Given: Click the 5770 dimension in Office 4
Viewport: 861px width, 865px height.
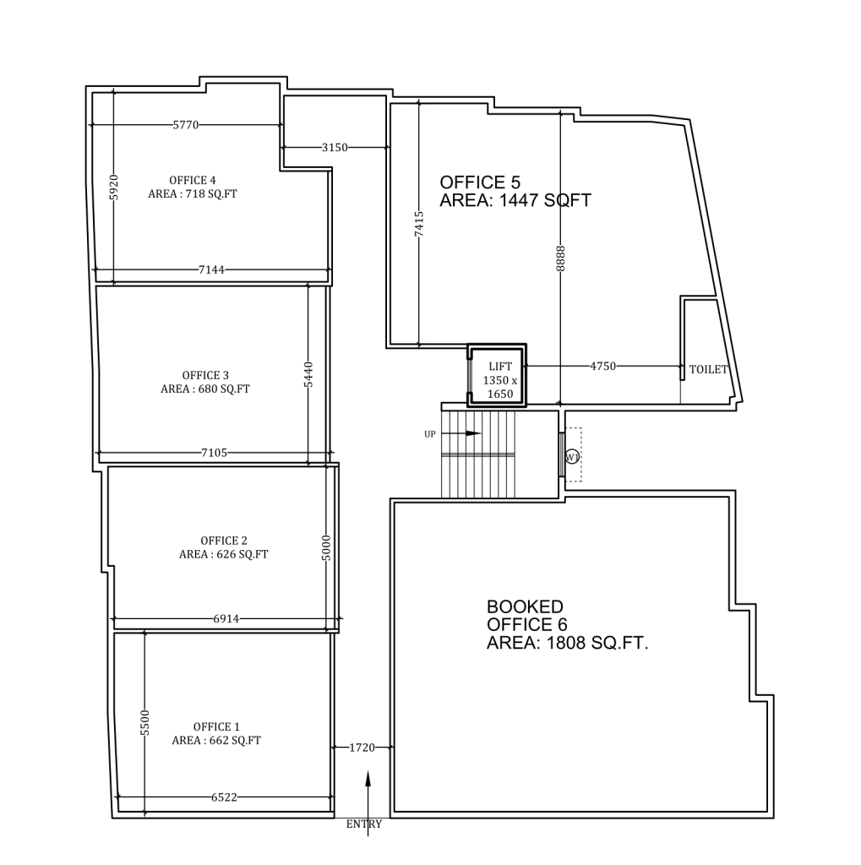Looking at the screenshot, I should click(185, 125).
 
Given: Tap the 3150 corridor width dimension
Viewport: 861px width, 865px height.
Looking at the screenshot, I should click(335, 147).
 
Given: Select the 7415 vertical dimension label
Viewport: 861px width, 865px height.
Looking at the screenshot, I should click(419, 226).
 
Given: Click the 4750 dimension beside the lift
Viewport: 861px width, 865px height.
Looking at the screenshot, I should click(603, 367).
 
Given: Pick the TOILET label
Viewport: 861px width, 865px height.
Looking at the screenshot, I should click(708, 370).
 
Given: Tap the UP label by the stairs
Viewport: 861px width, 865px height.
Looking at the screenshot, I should click(430, 434).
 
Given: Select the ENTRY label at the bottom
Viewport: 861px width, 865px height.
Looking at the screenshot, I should click(364, 824).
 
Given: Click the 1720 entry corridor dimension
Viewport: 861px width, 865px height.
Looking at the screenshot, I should click(362, 748).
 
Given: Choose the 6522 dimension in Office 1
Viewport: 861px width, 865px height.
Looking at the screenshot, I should click(225, 797).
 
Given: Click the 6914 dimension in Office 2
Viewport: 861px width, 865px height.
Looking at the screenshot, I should click(226, 619).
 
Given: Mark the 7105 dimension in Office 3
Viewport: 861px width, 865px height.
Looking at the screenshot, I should click(214, 453).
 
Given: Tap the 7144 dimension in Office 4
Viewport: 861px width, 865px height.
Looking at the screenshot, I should click(211, 270).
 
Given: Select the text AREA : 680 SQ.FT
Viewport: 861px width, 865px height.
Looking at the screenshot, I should click(205, 389).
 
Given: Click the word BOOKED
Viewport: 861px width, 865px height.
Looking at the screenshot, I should click(525, 607).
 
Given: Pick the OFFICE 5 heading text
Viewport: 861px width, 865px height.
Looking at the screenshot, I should click(480, 182).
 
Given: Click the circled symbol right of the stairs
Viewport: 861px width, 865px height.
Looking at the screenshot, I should click(572, 457).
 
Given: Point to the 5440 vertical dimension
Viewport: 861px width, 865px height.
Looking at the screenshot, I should click(308, 374).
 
